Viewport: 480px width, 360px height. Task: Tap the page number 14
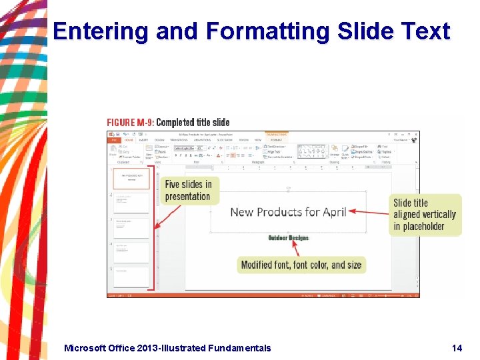click(457, 348)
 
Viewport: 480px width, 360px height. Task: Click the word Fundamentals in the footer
click(240, 348)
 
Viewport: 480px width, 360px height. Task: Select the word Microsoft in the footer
click(87, 348)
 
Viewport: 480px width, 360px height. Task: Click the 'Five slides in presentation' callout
click(188, 190)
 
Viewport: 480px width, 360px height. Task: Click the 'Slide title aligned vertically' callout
click(425, 215)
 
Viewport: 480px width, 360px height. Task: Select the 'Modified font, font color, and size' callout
click(301, 265)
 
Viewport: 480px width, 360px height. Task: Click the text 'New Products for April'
click(288, 212)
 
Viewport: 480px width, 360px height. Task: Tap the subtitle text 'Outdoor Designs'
click(288, 238)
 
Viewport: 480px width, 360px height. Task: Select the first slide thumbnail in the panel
click(131, 178)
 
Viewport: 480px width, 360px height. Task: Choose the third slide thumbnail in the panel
click(131, 227)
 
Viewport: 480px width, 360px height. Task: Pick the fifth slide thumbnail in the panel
click(131, 276)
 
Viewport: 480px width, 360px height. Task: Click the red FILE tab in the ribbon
click(113, 140)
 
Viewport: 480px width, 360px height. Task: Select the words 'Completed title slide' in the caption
click(193, 122)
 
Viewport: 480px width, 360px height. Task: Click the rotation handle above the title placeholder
click(288, 189)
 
